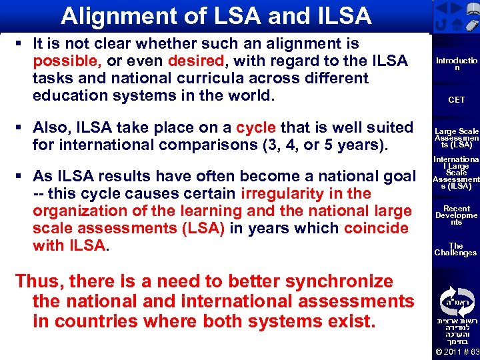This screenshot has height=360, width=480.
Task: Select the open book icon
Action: click(x=456, y=8)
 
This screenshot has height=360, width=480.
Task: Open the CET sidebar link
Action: click(x=457, y=100)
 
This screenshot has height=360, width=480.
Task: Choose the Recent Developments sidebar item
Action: click(x=457, y=215)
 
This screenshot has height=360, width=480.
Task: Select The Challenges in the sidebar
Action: click(x=456, y=249)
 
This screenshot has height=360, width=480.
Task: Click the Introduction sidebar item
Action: click(x=457, y=64)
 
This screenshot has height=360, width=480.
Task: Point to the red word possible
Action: click(x=67, y=61)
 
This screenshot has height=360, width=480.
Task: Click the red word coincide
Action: click(x=376, y=228)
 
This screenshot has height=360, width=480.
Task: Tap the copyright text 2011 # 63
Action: click(x=457, y=351)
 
